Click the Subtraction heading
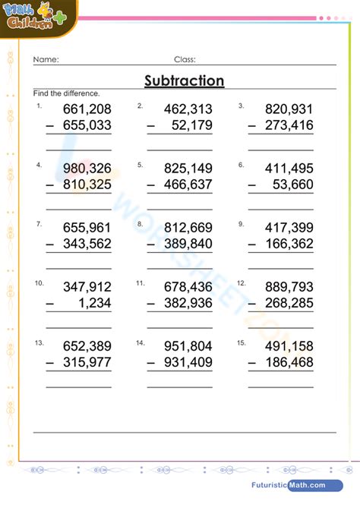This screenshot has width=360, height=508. click(184, 81)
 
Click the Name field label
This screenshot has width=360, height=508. click(46, 59)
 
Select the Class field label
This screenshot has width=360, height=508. click(185, 59)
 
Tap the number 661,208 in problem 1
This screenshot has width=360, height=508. click(87, 109)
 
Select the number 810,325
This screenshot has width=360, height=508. click(87, 185)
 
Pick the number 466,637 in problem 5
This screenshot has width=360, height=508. click(188, 185)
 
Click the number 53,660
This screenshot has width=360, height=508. click(292, 185)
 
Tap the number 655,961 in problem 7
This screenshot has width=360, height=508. click(87, 227)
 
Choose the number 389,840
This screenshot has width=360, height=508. click(188, 243)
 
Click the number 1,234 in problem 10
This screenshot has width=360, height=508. click(95, 302)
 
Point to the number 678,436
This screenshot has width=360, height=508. click(188, 286)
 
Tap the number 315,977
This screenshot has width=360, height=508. click(87, 362)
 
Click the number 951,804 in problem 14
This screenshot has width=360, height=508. click(188, 346)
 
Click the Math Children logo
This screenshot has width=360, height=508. click(34, 15)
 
